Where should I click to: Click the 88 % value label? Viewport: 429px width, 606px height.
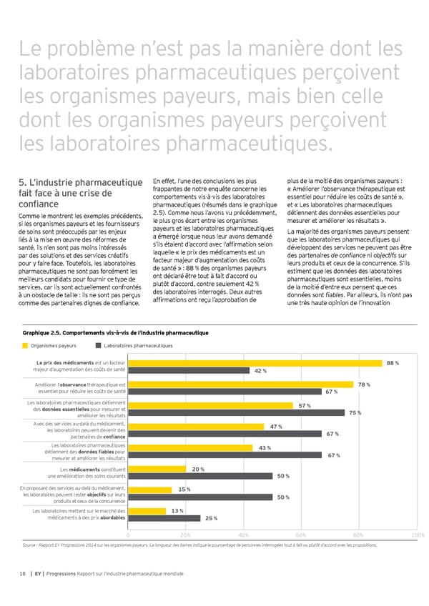(392, 364)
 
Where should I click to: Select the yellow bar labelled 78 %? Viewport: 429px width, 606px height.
(241, 385)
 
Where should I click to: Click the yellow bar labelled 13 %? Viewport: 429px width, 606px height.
(147, 511)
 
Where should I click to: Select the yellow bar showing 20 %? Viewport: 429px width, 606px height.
(157, 469)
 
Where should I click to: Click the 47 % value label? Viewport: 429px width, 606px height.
(276, 427)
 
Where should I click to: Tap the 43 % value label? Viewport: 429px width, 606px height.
(263, 448)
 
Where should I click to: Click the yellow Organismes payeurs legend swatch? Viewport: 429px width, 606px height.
(26, 346)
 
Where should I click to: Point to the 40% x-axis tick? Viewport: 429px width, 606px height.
(244, 535)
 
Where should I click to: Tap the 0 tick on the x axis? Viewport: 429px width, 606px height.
(128, 535)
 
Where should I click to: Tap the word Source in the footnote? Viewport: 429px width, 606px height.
(31, 545)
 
